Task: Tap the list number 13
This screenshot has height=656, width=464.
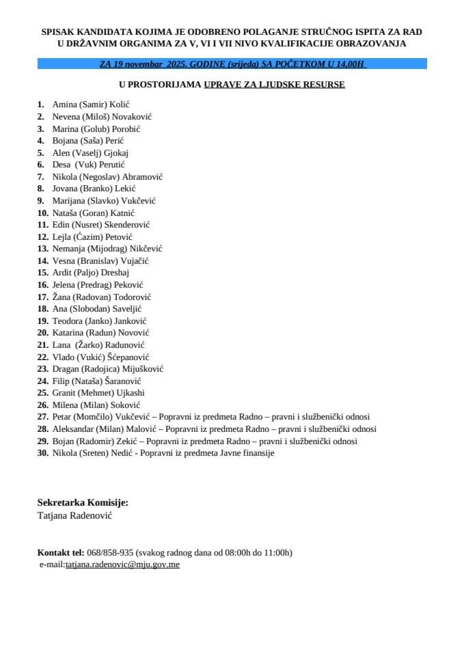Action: click(42, 249)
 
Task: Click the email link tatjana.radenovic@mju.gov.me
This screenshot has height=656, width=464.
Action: click(122, 564)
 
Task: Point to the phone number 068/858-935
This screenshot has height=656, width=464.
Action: click(110, 552)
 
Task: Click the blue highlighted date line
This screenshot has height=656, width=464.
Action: click(232, 64)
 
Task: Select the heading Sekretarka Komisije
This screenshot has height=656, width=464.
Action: click(83, 502)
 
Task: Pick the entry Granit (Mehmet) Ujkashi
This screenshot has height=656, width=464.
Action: click(98, 393)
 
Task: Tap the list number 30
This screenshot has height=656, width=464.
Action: click(42, 453)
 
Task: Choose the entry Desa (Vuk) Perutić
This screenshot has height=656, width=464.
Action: click(90, 165)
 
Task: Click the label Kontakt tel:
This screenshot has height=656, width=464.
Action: click(61, 552)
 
